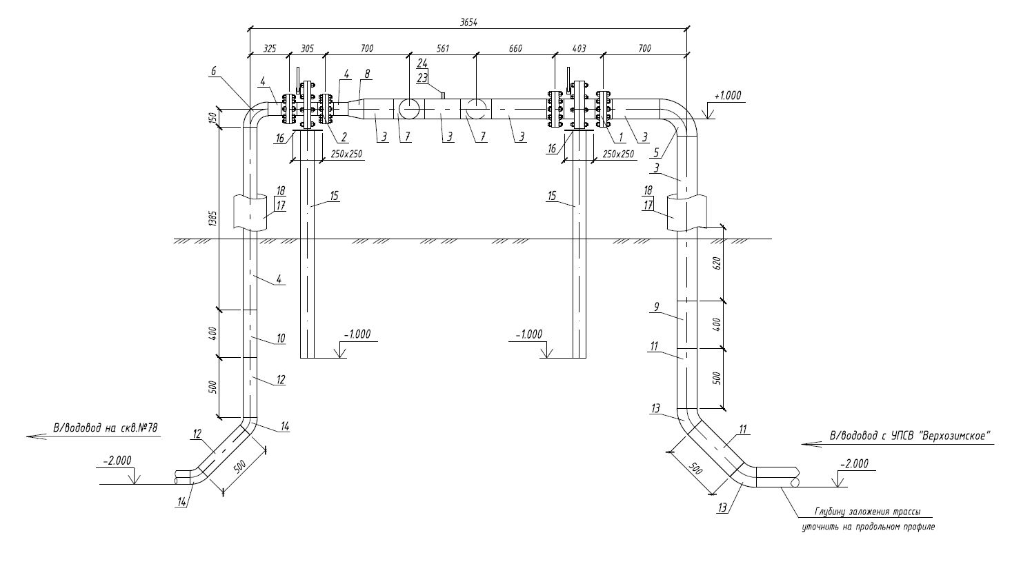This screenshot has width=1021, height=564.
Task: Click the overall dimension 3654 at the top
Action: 468,22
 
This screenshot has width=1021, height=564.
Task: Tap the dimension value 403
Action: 579,48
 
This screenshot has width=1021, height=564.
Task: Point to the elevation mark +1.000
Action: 728,96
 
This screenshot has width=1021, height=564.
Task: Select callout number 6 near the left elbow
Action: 213,71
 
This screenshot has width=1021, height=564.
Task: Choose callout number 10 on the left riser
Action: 281,339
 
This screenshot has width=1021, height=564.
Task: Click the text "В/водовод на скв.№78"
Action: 106,428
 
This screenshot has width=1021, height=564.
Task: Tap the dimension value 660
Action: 515,48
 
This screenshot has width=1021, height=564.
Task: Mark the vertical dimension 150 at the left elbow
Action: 213,117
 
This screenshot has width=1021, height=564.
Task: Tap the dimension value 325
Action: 270,48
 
